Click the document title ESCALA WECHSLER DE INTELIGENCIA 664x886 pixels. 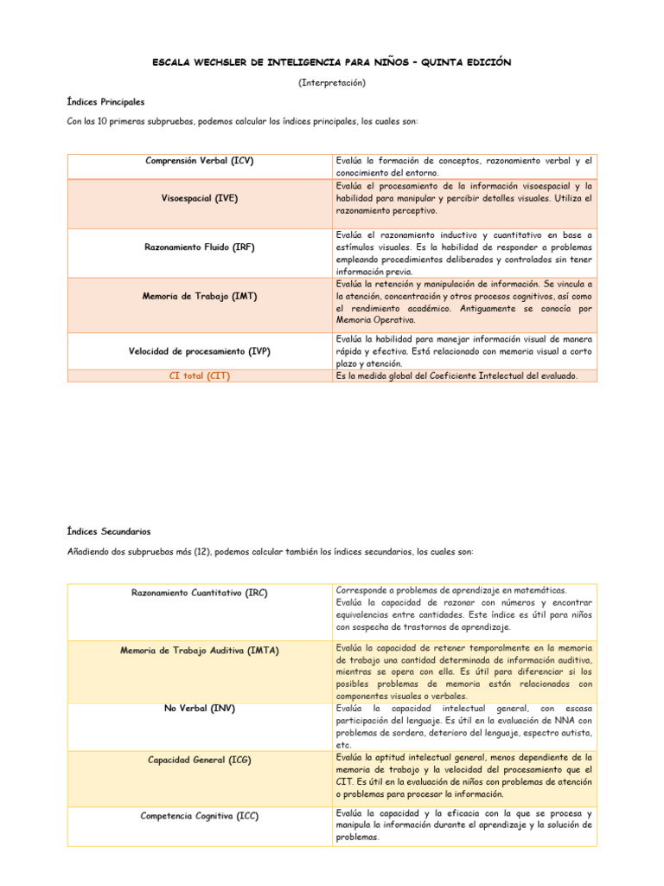click(332, 62)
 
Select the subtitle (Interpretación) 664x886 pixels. click(332, 82)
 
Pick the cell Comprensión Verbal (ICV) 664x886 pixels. click(200, 161)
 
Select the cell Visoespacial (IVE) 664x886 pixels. click(200, 198)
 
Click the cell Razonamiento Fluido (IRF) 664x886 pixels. click(200, 247)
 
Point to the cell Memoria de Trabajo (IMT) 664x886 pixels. click(200, 296)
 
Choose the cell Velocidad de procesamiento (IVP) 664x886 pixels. click(200, 351)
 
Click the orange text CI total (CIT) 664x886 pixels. click(200, 376)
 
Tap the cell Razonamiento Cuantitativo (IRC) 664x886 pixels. click(200, 593)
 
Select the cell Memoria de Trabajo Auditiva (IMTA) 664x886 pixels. click(200, 650)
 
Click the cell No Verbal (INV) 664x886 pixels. click(200, 708)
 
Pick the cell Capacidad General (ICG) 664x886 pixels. click(200, 760)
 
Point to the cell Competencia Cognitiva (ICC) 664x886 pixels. click(200, 816)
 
